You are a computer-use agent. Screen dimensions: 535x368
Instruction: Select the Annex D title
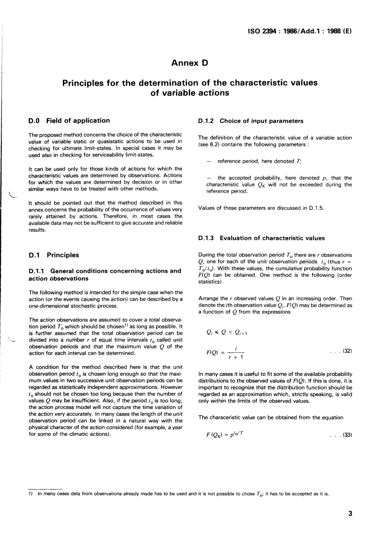click(x=184, y=62)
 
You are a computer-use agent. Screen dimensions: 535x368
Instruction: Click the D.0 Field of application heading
click(x=70, y=120)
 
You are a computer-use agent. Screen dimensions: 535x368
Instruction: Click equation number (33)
click(x=344, y=434)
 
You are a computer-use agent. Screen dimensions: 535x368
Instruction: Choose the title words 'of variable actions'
click(x=184, y=93)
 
